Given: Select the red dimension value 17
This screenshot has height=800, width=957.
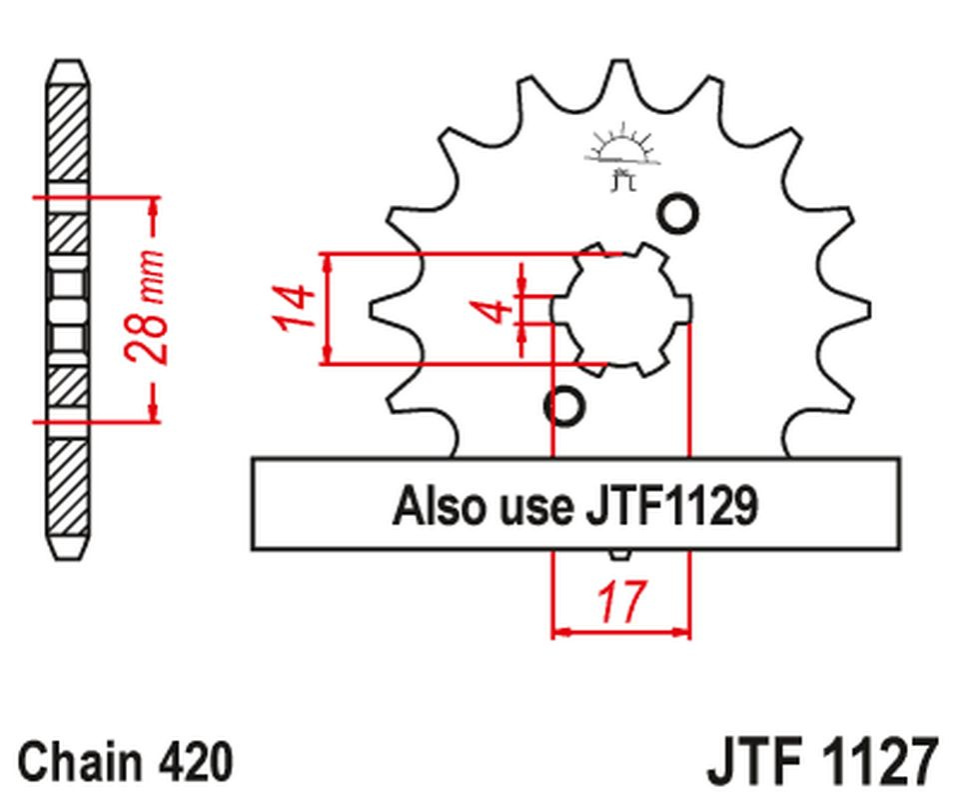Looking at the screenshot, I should coord(620,601).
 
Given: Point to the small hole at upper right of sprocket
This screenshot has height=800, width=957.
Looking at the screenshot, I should coord(678,213).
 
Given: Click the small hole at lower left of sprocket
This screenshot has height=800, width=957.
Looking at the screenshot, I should coord(564,406).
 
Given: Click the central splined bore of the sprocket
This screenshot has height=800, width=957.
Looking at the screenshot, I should coord(622,309).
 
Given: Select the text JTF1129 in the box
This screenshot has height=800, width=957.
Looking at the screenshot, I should coord(670,506).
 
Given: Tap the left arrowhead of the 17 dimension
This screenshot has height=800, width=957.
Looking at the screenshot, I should coord(560,632).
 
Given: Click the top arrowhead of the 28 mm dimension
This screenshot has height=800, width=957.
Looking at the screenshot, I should coord(153,205).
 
